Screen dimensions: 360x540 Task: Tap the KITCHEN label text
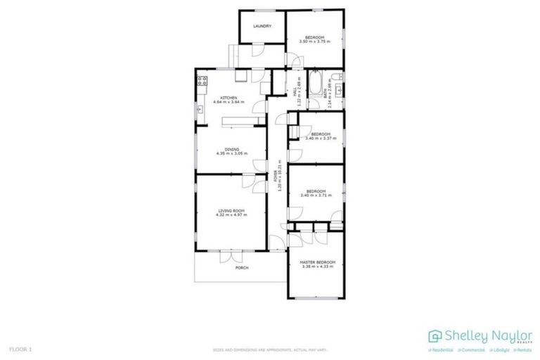(x=229, y=98)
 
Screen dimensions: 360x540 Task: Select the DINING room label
(x=233, y=148)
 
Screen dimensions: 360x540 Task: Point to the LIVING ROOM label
(x=230, y=210)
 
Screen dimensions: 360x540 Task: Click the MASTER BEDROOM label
(x=317, y=262)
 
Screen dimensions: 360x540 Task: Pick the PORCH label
(x=241, y=268)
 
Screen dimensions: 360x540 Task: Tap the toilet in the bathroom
(x=337, y=89)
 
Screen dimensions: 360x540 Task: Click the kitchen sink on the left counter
(x=200, y=108)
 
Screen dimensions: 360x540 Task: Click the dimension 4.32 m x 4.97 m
(x=230, y=214)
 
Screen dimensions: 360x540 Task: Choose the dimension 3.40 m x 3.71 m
(x=315, y=195)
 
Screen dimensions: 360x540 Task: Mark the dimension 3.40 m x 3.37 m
(x=321, y=138)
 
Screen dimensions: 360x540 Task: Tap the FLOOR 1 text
(x=21, y=349)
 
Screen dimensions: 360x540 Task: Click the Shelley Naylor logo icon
(x=435, y=337)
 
